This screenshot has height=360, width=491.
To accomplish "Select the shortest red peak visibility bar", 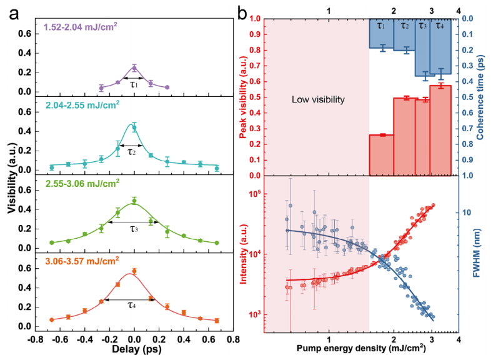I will pos(381,155).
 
